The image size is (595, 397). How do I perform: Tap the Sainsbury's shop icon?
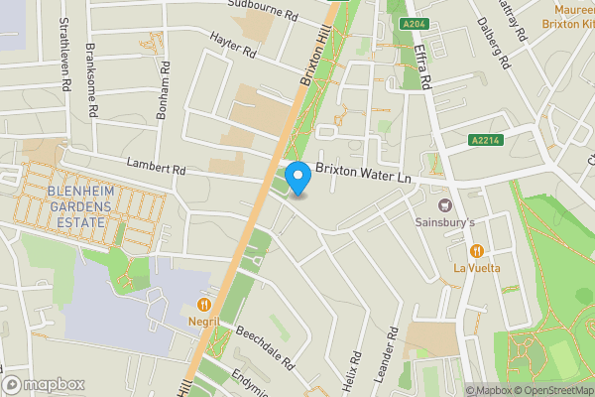click(x=444, y=205)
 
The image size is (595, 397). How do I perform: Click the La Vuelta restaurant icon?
click(x=477, y=251)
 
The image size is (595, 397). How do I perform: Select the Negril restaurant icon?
click(x=205, y=306)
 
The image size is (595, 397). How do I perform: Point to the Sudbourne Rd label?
click(x=264, y=13)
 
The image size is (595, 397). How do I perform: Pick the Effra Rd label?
click(x=419, y=69)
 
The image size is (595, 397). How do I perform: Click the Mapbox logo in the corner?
click(x=43, y=384)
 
